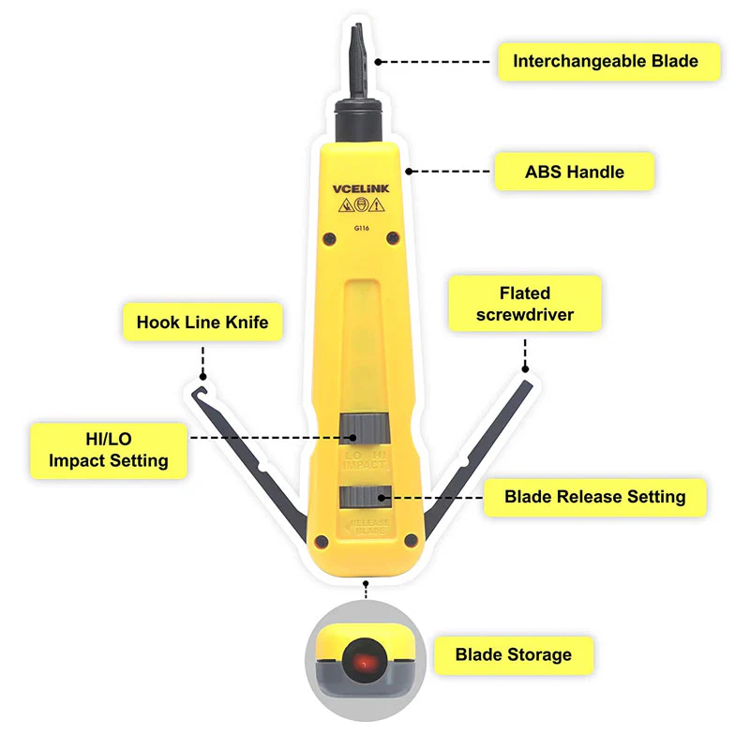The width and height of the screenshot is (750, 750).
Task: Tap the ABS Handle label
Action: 574,172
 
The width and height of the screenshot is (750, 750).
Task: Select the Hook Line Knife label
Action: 202,322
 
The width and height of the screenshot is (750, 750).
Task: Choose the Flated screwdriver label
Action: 525,303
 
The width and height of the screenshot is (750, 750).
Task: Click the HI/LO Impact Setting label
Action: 109,450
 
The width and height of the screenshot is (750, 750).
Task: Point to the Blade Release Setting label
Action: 595,497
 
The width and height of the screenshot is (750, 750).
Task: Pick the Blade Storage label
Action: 513,654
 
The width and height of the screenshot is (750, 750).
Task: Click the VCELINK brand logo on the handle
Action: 361,189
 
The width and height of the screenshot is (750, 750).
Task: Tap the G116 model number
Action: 362,228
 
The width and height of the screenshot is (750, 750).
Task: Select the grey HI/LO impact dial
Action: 365,429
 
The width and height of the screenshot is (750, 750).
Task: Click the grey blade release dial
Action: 366,497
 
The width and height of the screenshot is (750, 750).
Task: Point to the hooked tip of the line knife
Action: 199,392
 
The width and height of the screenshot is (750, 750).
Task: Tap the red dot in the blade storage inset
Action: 364,664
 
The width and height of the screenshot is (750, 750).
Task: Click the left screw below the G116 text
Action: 329,239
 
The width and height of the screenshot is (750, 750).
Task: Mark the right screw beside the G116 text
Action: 393,238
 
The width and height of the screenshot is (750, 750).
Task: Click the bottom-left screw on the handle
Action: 322,542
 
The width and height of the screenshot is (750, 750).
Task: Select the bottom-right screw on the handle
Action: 411,541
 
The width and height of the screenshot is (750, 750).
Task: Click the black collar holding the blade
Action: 358,120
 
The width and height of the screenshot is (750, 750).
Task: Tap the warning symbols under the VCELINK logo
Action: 361,205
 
